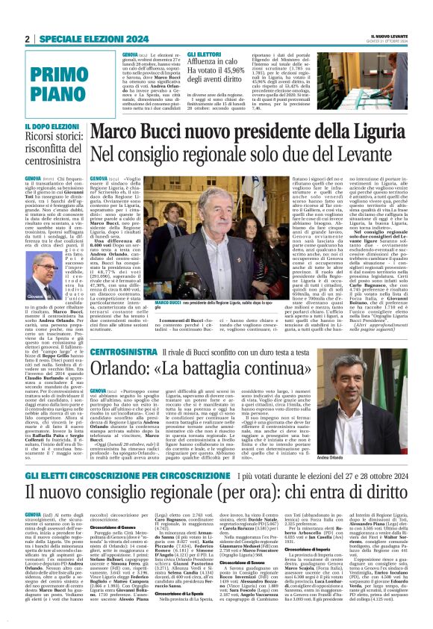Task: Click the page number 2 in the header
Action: (x=27, y=39)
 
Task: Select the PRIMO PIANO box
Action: (x=53, y=83)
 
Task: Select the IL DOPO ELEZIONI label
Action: (x=50, y=128)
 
